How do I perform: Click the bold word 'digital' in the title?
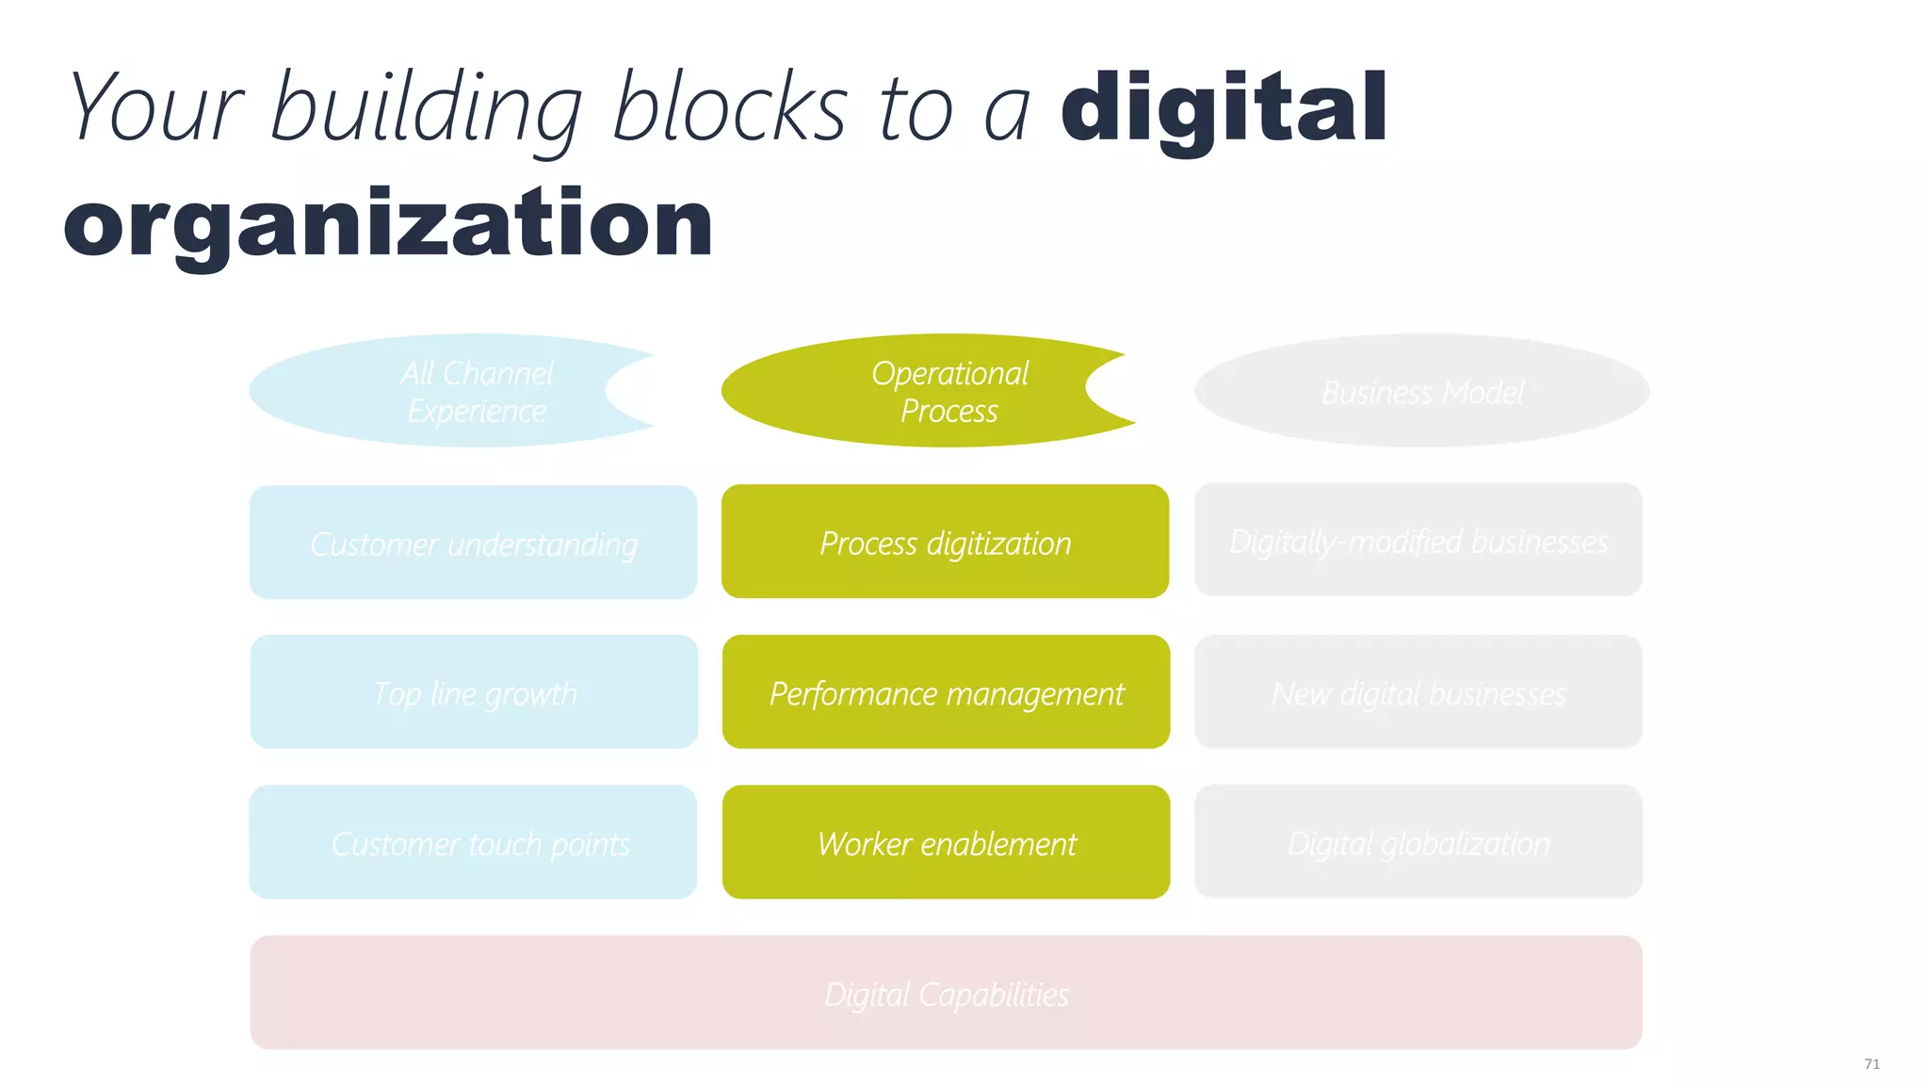(x=1224, y=108)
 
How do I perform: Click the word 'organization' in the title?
(x=388, y=224)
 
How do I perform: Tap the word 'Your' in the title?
(x=156, y=108)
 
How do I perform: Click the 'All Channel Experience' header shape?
(x=452, y=391)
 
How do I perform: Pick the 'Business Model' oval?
(x=1421, y=391)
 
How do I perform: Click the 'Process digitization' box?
(x=945, y=542)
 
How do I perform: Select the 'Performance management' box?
(x=946, y=692)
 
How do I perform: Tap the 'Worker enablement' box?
(x=946, y=842)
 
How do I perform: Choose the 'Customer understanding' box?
(x=473, y=542)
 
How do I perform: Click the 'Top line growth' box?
(x=474, y=692)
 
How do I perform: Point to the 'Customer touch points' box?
(x=473, y=842)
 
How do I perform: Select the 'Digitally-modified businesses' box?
(x=1418, y=540)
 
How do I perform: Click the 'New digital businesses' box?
(x=1418, y=692)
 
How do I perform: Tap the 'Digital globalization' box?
(x=1418, y=842)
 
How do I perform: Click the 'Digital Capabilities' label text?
(x=946, y=994)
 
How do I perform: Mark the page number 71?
(x=1872, y=1063)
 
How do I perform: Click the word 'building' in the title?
(x=426, y=110)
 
